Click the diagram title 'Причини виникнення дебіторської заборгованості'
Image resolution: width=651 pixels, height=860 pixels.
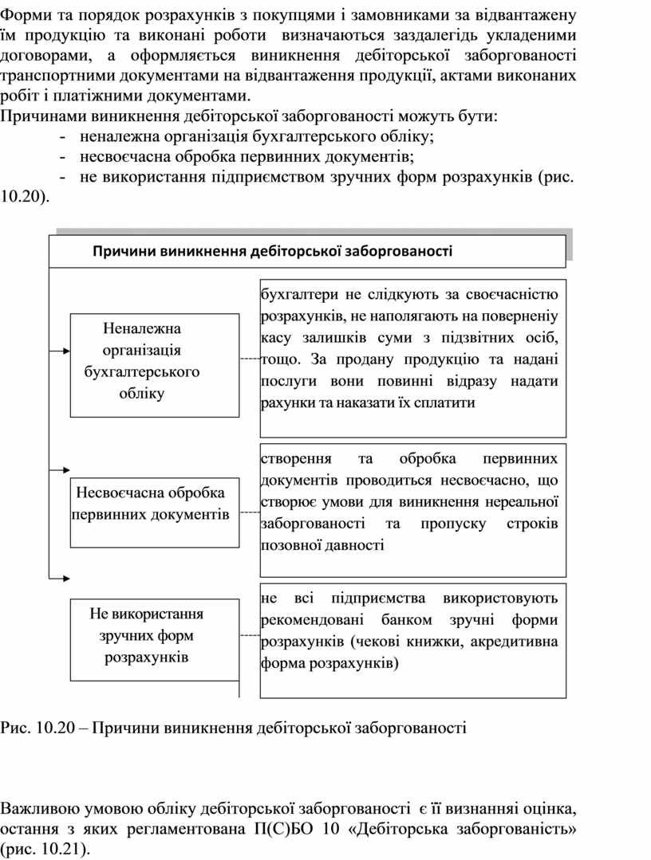[x=273, y=252]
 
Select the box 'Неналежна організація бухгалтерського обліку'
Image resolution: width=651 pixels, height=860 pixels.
[x=155, y=364]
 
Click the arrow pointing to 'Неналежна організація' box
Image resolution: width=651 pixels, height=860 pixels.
[x=61, y=350]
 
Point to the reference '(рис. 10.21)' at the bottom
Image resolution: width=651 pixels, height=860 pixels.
[x=45, y=850]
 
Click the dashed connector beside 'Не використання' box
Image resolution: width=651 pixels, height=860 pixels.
[x=250, y=635]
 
